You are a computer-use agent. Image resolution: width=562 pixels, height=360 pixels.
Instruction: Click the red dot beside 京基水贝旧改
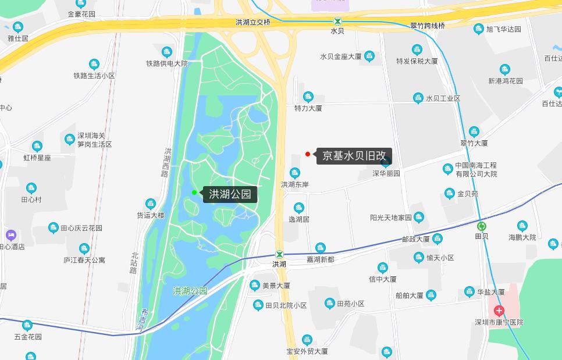pyautogui.click(x=308, y=154)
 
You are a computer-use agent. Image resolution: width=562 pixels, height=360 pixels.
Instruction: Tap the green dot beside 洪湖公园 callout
pyautogui.click(x=194, y=193)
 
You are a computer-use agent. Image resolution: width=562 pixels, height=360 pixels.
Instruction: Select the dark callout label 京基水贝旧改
pyautogui.click(x=354, y=156)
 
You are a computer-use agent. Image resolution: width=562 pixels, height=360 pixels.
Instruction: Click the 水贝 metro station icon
pyautogui.click(x=337, y=21)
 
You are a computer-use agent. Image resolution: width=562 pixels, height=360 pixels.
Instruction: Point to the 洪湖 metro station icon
pyautogui.click(x=280, y=254)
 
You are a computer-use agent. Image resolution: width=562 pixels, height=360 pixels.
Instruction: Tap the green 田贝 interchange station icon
pyautogui.click(x=481, y=226)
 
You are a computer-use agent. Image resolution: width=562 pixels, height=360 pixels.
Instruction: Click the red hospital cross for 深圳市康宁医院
pyautogui.click(x=499, y=311)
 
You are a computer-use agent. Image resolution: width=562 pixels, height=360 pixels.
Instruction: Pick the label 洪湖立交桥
pyautogui.click(x=253, y=22)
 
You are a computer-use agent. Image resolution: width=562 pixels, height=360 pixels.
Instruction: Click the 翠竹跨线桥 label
pyautogui.click(x=428, y=26)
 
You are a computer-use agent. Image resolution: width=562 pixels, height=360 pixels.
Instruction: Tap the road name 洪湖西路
pyautogui.click(x=169, y=162)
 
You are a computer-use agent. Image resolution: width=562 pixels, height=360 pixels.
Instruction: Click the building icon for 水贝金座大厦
pyautogui.click(x=369, y=56)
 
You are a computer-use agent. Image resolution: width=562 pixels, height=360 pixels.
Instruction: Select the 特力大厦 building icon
pyautogui.click(x=308, y=97)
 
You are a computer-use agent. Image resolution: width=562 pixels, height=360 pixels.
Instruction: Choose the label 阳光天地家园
pyautogui.click(x=391, y=218)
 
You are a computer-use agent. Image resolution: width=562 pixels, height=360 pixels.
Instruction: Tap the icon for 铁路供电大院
pyautogui.click(x=167, y=52)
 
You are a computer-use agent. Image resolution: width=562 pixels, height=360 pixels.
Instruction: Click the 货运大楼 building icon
pyautogui.click(x=151, y=204)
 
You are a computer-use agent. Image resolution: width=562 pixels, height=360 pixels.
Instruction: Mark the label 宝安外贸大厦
pyautogui.click(x=307, y=351)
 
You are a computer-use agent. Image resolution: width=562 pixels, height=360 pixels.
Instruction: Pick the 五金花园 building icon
pyautogui.click(x=27, y=325)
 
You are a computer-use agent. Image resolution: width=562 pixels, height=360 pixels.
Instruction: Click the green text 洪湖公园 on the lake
pyautogui.click(x=190, y=291)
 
